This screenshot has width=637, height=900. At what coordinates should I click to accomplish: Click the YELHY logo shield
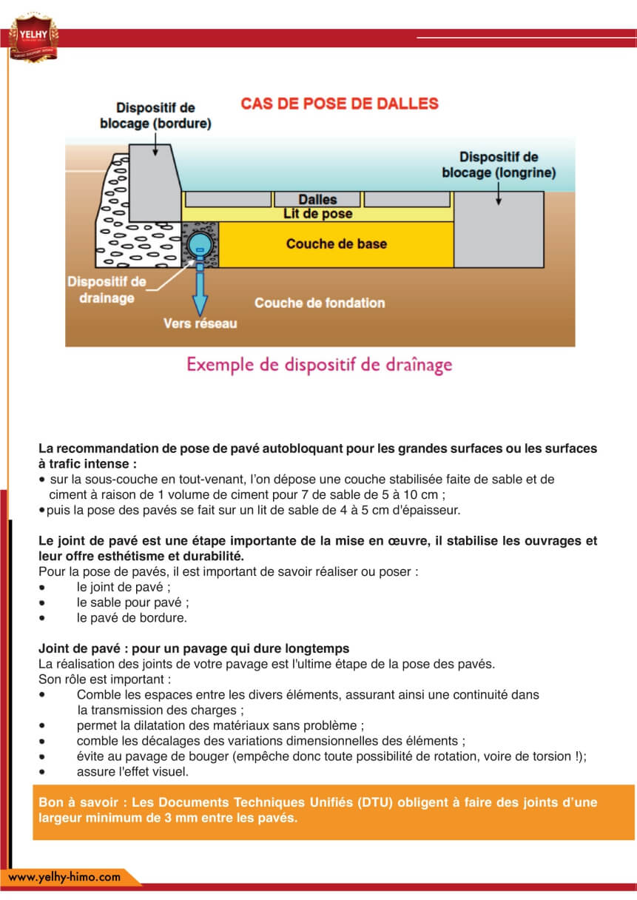point(33,36)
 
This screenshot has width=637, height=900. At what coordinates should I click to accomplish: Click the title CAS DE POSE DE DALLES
point(340,104)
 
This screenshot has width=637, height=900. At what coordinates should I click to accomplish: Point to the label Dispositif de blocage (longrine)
point(499,164)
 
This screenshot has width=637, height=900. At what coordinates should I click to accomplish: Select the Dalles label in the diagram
point(317,200)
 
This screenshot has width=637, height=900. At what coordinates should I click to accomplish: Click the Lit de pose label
point(317,214)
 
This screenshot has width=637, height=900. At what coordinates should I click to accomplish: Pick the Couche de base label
point(336,244)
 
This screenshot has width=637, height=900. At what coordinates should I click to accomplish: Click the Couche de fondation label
point(320,303)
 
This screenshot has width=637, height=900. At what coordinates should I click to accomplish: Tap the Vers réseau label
point(200,323)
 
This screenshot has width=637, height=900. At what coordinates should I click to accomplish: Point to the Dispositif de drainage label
point(107,290)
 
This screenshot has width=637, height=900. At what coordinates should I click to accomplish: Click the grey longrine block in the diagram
point(499,229)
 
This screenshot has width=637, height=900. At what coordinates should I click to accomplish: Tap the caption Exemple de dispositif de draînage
point(319,365)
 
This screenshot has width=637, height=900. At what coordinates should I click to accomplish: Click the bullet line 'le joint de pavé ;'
point(124,586)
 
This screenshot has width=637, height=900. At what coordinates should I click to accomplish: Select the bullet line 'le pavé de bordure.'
point(132,617)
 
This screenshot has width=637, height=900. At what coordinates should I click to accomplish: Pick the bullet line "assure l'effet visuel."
point(132,771)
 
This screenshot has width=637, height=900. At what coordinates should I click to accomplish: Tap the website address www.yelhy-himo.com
point(64,877)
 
